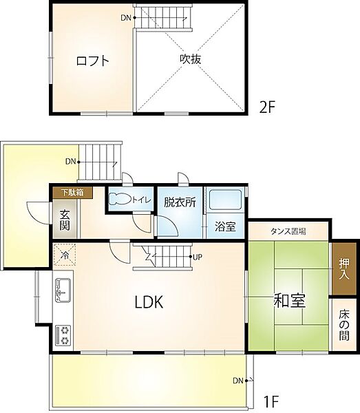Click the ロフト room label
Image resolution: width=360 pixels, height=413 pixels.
point(92,61)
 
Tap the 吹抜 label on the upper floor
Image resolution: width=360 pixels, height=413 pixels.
point(191,60)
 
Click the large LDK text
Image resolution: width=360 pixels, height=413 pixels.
point(148,301)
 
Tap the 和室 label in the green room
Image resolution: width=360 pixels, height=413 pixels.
point(290,301)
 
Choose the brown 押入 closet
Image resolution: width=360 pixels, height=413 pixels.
point(344,267)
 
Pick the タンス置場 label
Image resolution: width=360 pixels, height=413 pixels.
point(288,231)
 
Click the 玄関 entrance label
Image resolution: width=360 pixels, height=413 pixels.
point(64,220)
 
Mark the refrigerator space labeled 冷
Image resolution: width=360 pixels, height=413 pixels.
point(65,255)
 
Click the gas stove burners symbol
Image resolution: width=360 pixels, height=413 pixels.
point(64,335)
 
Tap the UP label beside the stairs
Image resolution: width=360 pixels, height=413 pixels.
point(197,257)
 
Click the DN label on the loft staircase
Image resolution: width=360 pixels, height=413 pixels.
point(125,17)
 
